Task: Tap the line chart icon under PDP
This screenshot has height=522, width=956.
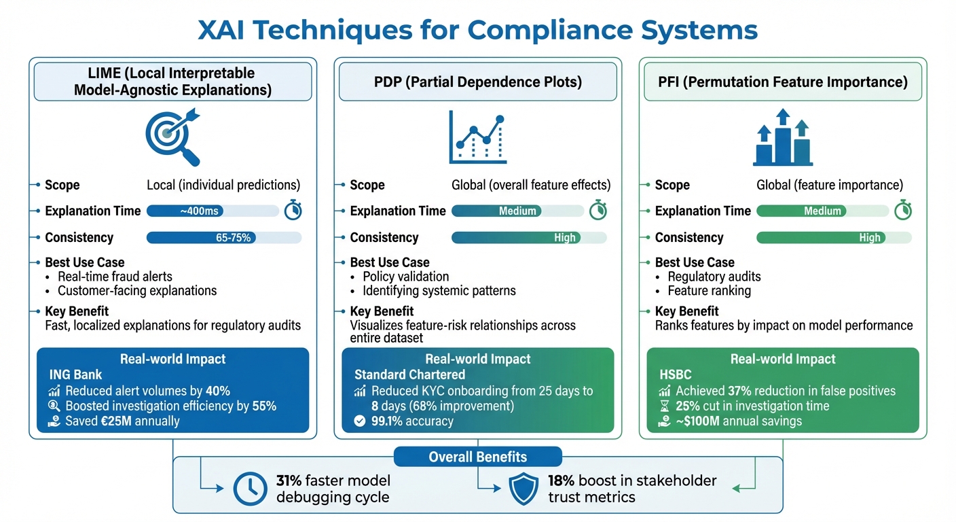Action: coord(478,138)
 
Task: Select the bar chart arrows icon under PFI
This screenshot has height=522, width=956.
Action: coord(783,138)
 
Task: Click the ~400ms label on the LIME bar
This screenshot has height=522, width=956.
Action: coord(200,211)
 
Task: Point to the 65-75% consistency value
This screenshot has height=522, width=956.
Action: coord(234,238)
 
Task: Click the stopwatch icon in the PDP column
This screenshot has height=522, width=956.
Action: coord(597,211)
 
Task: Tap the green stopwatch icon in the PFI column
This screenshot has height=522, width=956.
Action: coord(902,211)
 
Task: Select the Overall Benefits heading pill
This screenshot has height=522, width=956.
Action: coord(477,457)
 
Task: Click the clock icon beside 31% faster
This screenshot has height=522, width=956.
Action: coord(250,489)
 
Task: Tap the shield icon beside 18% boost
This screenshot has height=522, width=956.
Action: coord(523,489)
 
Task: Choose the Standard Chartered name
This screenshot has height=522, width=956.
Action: coord(409,375)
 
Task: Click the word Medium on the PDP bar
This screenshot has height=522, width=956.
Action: coord(517,211)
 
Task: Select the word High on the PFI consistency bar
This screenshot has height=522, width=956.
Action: coord(870,238)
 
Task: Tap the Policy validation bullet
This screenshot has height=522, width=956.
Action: coord(405,277)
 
